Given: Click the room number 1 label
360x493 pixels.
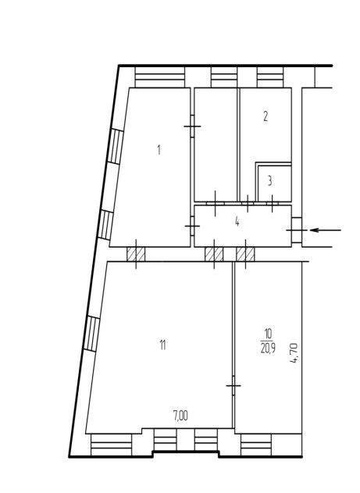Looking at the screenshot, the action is tap(159, 150).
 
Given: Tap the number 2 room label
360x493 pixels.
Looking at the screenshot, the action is tap(266, 116).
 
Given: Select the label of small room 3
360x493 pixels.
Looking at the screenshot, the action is tap(270, 181).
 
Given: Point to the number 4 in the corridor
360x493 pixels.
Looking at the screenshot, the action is tap(237, 222).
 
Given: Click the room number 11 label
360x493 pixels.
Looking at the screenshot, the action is tap(162, 345).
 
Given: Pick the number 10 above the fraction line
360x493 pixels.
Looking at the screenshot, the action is tap(269, 334).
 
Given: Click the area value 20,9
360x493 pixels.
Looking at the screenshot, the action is tap(269, 348).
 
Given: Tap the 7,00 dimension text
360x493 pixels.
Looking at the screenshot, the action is tap(180, 416).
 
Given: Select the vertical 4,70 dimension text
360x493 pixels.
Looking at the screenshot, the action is tap(294, 353).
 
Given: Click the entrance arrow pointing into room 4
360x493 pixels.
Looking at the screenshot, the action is tap(326, 230).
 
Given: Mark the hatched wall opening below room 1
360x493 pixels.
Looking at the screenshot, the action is tap(136, 254).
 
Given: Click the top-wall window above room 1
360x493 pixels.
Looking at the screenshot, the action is tap(159, 77).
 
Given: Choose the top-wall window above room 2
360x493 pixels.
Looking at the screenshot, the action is tap(270, 77).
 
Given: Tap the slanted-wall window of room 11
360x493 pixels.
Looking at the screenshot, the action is tap(91, 334).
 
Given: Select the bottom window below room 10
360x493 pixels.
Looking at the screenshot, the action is tap(255, 445).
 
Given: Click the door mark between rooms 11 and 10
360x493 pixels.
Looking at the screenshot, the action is tap(233, 385).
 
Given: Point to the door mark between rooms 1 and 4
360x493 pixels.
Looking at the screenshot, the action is tap(192, 226).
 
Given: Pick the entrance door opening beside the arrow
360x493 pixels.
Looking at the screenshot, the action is tap(297, 230).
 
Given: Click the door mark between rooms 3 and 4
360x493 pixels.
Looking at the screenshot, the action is tap(273, 203).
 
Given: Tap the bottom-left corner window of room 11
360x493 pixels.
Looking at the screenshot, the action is tap(111, 445).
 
